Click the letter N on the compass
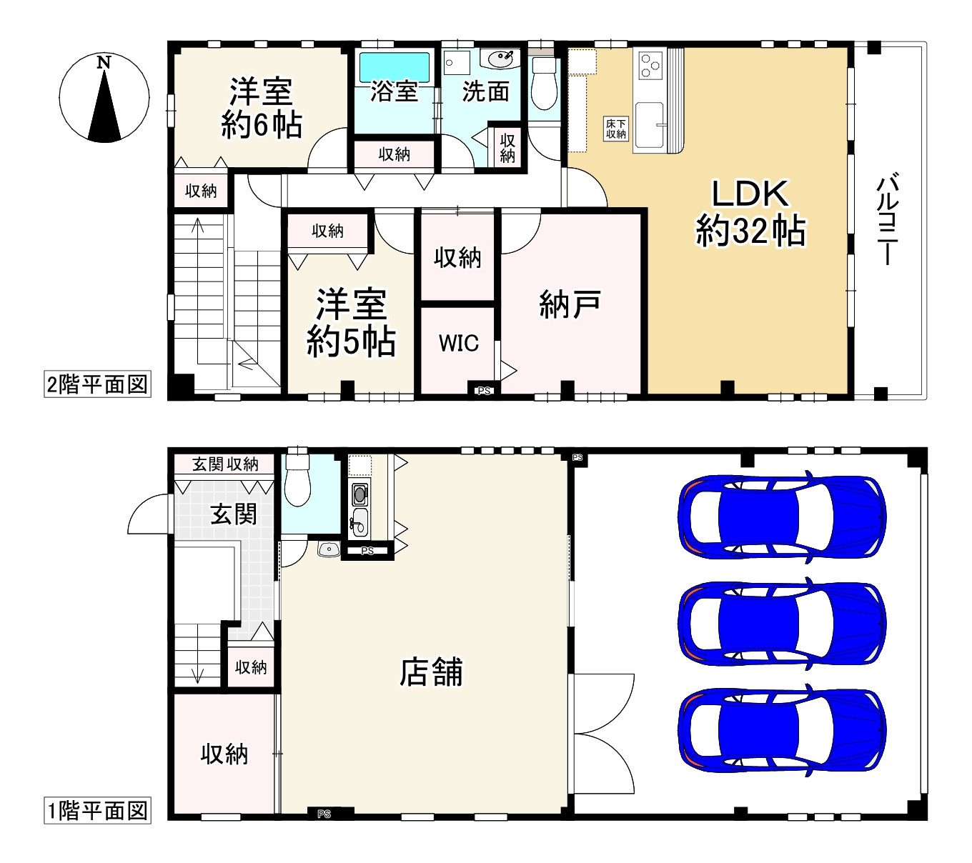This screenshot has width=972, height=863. [x=104, y=62]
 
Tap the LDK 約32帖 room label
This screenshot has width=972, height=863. [x=750, y=212]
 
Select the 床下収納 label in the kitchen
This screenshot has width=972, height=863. [x=615, y=129]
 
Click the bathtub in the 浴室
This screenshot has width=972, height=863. [x=395, y=68]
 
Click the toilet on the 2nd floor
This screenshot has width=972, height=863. [x=544, y=83]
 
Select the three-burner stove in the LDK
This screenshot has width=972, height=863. [x=650, y=65]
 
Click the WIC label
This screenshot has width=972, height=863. [x=458, y=344]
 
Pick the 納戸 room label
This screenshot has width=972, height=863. [x=570, y=304]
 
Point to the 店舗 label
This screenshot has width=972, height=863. [x=431, y=672]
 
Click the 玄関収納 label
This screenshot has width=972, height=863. [x=225, y=464]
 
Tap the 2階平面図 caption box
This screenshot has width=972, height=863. [x=97, y=384]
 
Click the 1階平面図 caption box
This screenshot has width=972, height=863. [x=97, y=811]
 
